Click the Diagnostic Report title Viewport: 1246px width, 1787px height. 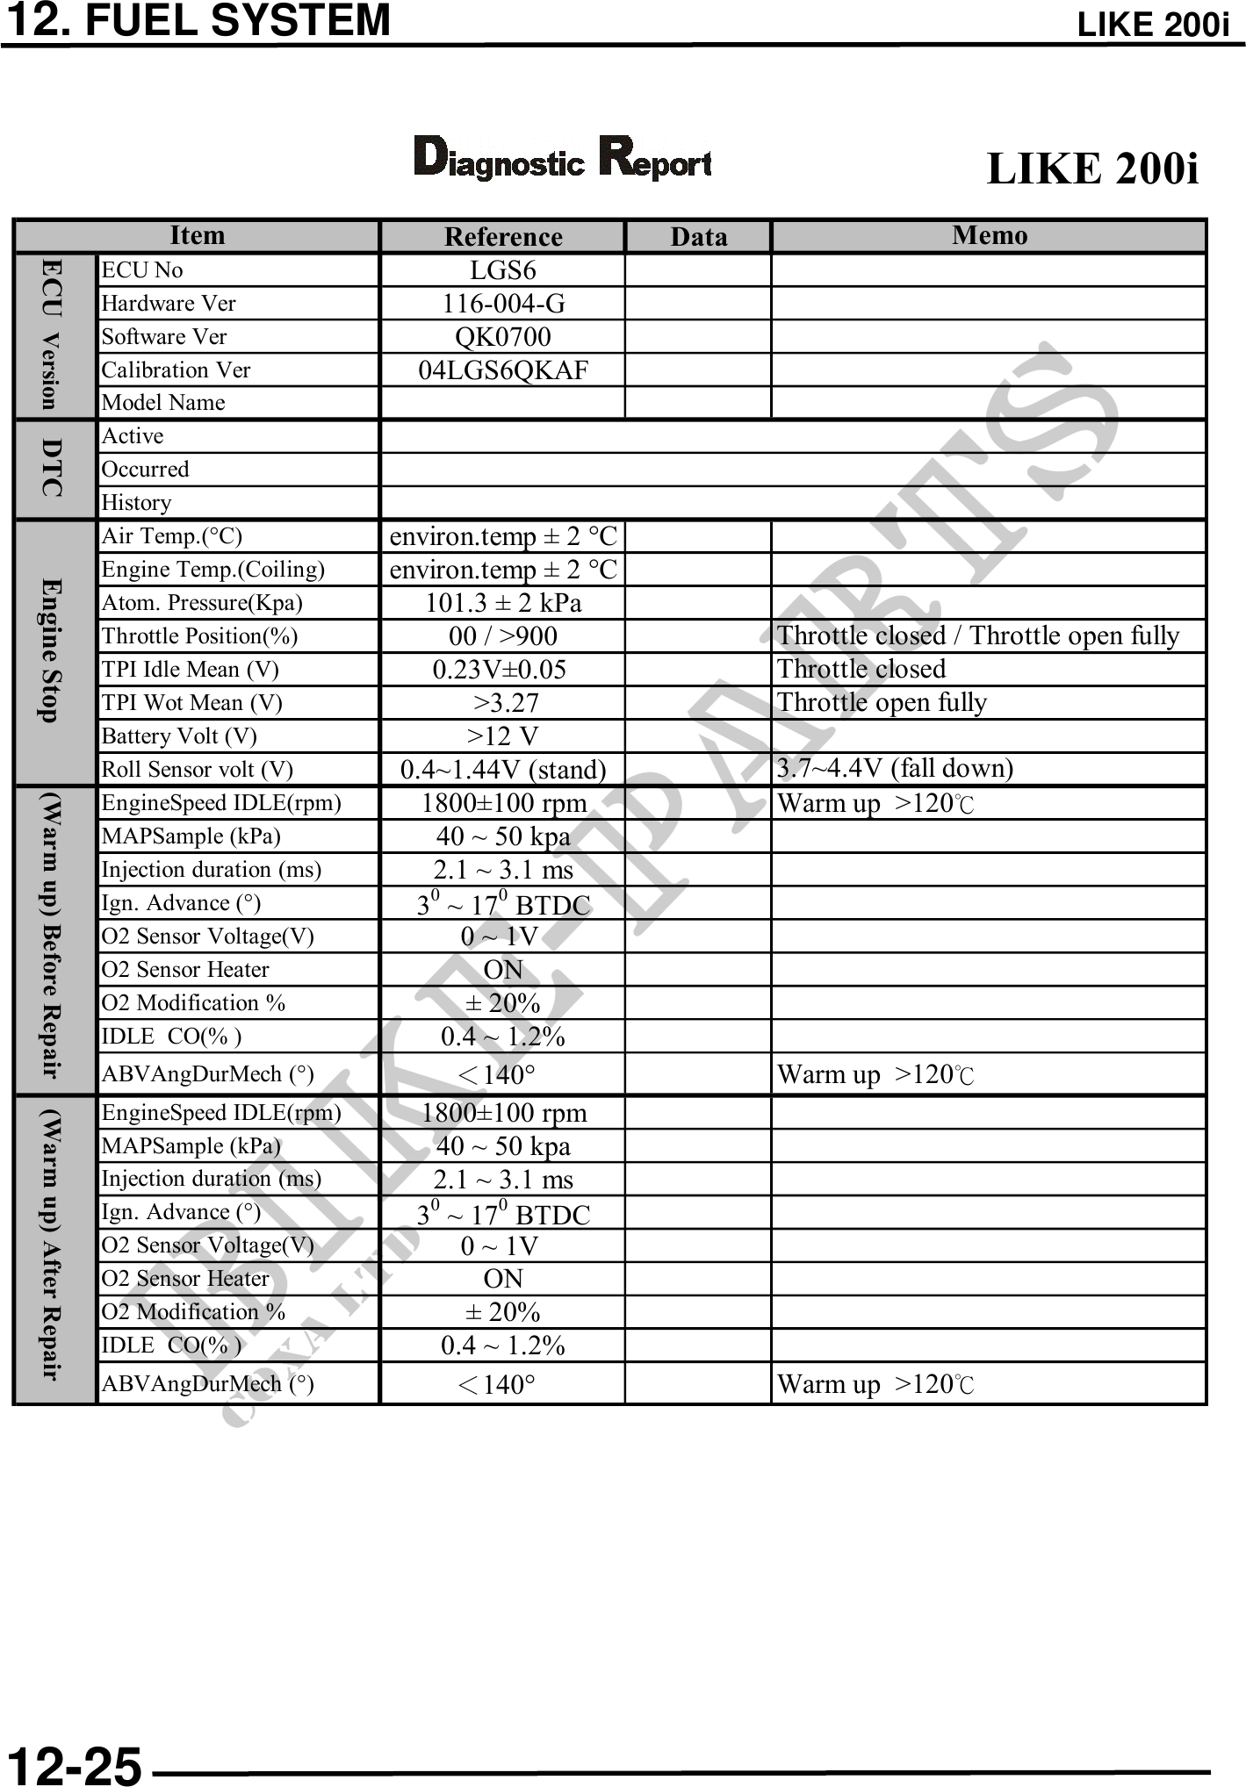tap(562, 159)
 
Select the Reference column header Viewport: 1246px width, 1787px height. tap(503, 237)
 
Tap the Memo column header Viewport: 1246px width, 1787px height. tap(989, 235)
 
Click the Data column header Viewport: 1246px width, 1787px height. tap(698, 237)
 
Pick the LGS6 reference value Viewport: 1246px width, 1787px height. tap(502, 270)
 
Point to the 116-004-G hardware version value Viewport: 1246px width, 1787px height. tap(503, 304)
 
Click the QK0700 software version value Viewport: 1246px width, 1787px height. tap(503, 337)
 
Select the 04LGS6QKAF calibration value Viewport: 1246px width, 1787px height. tap(503, 370)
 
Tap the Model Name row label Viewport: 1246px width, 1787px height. tap(163, 403)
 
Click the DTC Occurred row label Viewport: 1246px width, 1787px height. tap(145, 470)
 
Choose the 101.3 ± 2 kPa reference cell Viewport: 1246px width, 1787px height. tap(503, 603)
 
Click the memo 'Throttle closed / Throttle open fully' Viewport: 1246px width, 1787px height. tap(978, 635)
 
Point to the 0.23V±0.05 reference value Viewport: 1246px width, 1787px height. tap(500, 670)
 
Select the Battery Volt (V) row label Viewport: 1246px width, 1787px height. tap(179, 736)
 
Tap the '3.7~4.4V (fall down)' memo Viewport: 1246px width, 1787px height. tap(895, 769)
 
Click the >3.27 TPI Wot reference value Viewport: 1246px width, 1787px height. tap(506, 703)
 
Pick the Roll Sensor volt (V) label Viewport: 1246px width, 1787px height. tap(198, 770)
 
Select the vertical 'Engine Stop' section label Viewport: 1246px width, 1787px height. tap(53, 650)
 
